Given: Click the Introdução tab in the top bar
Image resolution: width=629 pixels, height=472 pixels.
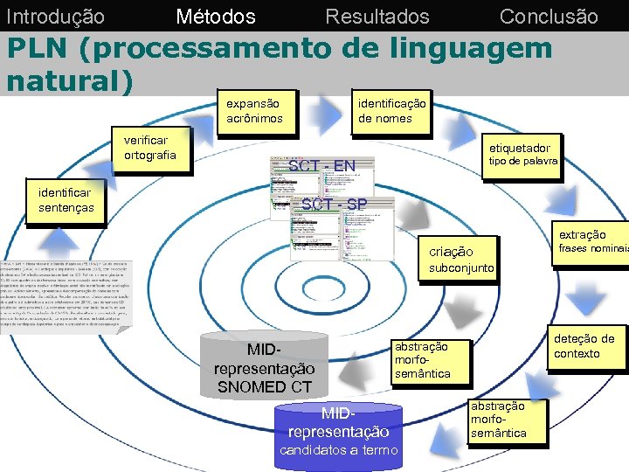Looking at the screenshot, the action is pyautogui.click(x=55, y=16).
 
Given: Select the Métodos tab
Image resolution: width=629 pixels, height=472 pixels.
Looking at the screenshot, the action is pyautogui.click(x=216, y=16).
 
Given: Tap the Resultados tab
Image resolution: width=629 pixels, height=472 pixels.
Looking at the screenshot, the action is pyautogui.click(x=377, y=16).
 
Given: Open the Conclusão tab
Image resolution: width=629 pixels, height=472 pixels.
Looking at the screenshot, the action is pyautogui.click(x=549, y=16).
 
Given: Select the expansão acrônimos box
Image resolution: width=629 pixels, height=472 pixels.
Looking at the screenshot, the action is pyautogui.click(x=254, y=110).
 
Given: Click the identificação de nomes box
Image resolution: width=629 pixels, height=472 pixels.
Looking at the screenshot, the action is pyautogui.click(x=392, y=110).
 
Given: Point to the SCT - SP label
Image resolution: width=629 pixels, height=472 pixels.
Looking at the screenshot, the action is pyautogui.click(x=334, y=205).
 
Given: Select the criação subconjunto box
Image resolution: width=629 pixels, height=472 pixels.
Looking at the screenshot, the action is pyautogui.click(x=460, y=260).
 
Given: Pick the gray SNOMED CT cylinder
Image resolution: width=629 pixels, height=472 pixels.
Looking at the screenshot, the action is pyautogui.click(x=264, y=364).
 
